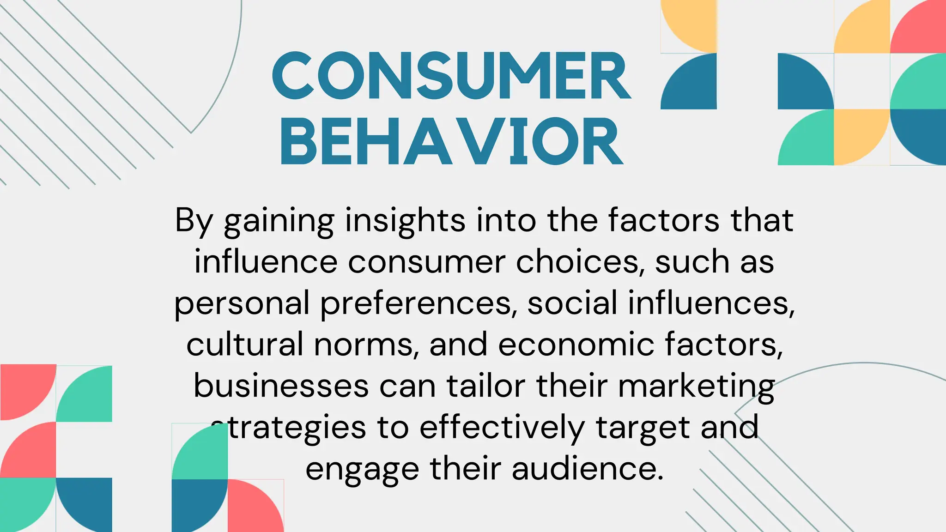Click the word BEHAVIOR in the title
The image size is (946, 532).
[x=452, y=142]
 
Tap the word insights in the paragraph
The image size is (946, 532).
[x=405, y=221]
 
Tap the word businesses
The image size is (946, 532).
[x=281, y=386]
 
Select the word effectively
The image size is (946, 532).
[x=502, y=428]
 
